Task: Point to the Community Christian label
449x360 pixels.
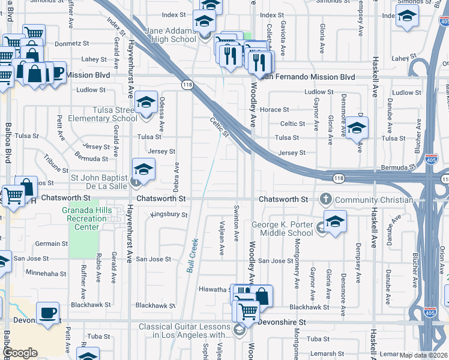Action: (x=374, y=200)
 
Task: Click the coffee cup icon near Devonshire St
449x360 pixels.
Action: (x=47, y=312)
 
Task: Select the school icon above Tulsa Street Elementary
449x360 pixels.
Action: (x=145, y=103)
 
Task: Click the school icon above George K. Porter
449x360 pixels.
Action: (x=335, y=220)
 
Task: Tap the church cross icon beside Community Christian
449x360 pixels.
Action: (x=326, y=199)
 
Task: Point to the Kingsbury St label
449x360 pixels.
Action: (x=169, y=214)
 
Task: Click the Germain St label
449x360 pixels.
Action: (x=52, y=244)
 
